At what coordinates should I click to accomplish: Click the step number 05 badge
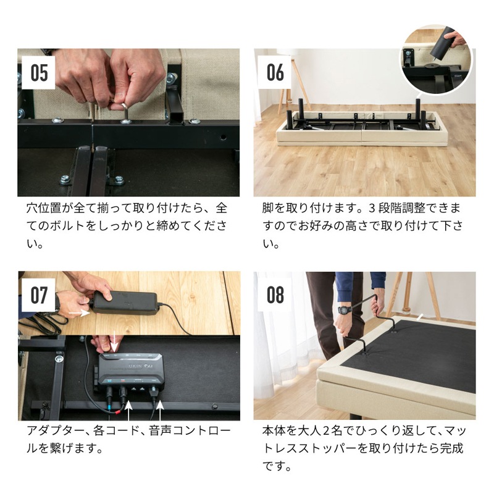pos(38,73)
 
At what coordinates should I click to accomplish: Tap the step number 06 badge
pos(275,72)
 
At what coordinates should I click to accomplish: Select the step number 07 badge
pos(38,295)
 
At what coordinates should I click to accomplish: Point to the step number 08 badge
pos(275,295)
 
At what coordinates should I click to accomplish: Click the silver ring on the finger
pos(120,106)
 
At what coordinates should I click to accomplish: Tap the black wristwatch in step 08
pos(345,311)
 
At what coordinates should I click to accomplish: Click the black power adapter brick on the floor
pos(125,303)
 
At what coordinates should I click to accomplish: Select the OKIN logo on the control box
pos(136,366)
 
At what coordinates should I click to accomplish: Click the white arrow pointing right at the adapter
pos(79,314)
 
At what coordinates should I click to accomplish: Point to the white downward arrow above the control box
pos(114,344)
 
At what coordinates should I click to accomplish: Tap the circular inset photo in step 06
pos(437,59)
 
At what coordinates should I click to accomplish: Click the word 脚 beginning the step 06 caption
pos(268,208)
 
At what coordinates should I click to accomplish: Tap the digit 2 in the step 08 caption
pos(327,430)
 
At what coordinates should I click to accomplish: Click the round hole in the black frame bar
pos(223,137)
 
